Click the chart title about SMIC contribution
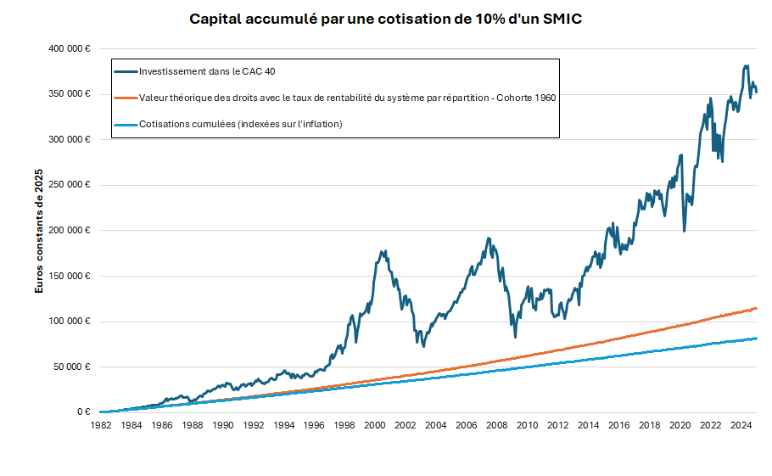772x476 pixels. coord(385,19)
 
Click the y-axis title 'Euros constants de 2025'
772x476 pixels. coord(39,230)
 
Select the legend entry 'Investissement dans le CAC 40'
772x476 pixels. coord(207,71)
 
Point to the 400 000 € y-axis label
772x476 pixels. coord(70,48)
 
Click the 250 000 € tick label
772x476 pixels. coord(70,185)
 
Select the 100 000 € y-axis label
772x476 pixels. coord(70,321)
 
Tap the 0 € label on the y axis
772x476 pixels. coord(83,412)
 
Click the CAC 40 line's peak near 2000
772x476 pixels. coord(383,251)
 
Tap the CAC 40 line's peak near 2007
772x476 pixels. coord(489,238)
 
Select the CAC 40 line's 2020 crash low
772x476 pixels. coord(684,231)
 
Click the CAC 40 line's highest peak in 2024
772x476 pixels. coord(745,66)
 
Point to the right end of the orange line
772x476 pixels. coord(756,308)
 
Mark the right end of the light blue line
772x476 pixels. coord(756,339)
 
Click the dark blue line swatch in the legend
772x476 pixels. coord(126,71)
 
